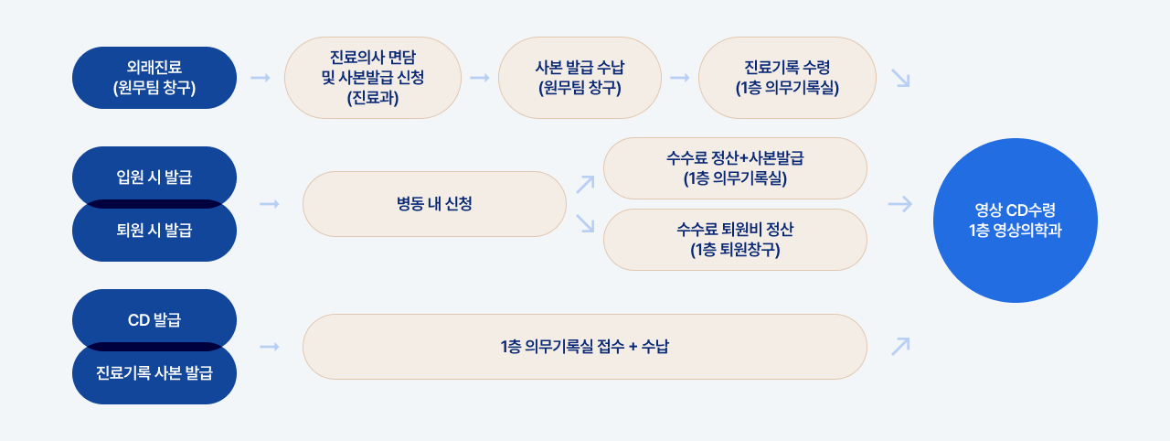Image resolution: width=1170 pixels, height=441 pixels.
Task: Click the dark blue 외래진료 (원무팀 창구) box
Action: click(x=154, y=78)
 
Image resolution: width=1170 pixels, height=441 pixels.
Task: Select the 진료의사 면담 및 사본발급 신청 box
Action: click(x=373, y=78)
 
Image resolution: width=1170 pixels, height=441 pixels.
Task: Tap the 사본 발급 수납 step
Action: click(x=580, y=78)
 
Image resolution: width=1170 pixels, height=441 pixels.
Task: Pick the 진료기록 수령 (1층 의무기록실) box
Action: click(x=787, y=78)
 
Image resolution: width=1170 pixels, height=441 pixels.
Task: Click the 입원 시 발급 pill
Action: click(x=154, y=176)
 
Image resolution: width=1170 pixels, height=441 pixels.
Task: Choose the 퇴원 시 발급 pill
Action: click(x=154, y=231)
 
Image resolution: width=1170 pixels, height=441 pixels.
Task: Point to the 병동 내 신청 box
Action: click(x=434, y=204)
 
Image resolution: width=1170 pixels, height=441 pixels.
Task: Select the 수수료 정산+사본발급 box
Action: click(x=736, y=168)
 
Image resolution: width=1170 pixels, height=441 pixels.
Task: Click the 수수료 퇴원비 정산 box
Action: click(x=736, y=240)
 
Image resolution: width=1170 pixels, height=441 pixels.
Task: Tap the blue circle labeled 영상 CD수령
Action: click(x=1016, y=220)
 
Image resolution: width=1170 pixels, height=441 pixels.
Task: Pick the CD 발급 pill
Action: click(x=154, y=319)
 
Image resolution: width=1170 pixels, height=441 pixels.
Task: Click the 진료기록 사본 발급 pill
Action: click(x=154, y=372)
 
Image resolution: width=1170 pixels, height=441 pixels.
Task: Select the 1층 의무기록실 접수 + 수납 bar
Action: click(x=584, y=347)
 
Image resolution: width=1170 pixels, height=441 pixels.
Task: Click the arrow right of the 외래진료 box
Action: click(x=261, y=78)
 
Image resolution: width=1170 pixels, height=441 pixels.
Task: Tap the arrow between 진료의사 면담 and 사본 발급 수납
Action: click(x=480, y=78)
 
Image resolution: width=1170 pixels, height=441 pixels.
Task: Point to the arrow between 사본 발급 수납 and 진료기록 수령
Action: click(x=679, y=78)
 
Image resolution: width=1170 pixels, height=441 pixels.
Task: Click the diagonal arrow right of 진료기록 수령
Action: click(x=901, y=79)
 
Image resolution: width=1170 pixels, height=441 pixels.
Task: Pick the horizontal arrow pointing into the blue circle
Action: click(x=900, y=204)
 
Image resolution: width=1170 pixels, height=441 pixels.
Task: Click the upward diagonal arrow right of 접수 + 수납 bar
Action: click(x=901, y=346)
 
